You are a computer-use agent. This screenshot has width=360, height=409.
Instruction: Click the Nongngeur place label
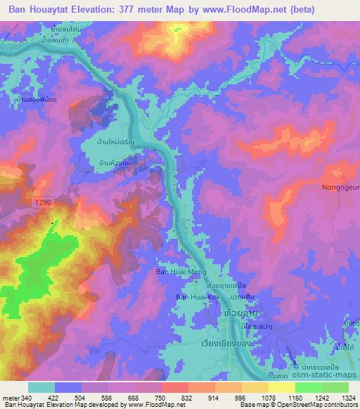tap(338, 188)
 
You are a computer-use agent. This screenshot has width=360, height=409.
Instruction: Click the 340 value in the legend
tap(25, 398)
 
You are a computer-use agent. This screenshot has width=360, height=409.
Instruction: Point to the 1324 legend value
tap(348, 398)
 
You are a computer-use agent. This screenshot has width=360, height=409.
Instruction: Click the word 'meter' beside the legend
tap(10, 398)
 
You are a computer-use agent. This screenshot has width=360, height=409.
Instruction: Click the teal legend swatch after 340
tap(41, 387)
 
